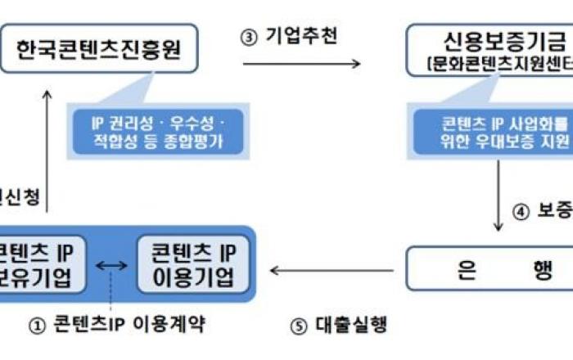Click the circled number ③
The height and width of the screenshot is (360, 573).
[x=249, y=38]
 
